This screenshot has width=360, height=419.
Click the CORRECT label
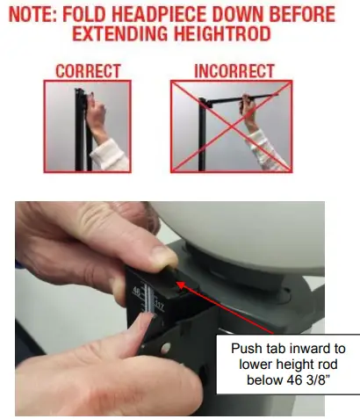coord(87,69)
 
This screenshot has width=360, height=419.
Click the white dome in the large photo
coord(246,228)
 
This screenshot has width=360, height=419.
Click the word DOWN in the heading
coord(231,15)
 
